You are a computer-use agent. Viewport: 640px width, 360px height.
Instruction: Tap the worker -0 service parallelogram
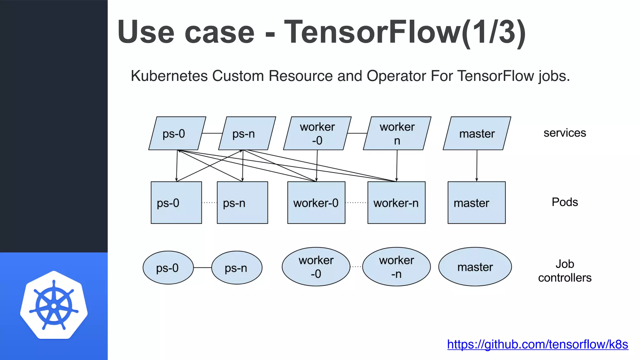[317, 133]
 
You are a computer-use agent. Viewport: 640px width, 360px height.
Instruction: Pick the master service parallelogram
[477, 133]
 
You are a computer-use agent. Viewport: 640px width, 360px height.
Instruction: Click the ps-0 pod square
[176, 202]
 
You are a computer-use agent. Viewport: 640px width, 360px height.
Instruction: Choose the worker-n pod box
[396, 202]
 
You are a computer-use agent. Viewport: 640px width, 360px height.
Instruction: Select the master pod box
[477, 202]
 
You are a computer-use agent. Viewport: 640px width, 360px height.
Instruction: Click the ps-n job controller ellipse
[237, 267]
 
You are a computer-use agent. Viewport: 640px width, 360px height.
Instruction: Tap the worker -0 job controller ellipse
[316, 267]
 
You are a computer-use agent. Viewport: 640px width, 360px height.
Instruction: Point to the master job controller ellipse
[475, 267]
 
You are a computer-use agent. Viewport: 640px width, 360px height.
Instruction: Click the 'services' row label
[565, 133]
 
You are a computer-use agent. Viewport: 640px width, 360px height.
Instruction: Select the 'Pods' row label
[565, 202]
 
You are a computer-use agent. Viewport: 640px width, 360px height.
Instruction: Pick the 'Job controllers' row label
[565, 271]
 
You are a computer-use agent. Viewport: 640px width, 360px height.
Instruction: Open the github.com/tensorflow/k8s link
[537, 344]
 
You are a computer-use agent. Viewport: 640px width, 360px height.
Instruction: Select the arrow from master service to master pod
[477, 166]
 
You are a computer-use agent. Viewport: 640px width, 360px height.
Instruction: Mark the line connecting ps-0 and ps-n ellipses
[202, 267]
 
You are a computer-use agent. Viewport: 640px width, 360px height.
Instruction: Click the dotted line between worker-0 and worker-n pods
[356, 202]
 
